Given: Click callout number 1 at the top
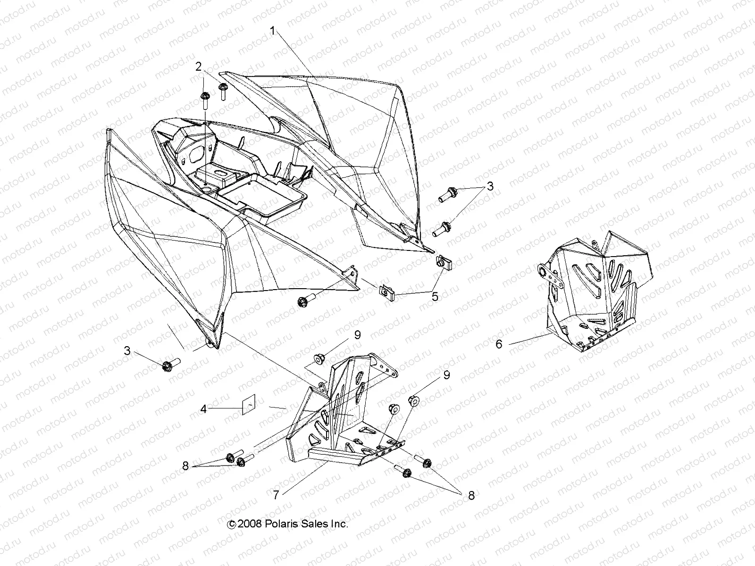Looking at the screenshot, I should [272, 31].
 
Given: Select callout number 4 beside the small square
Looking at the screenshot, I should [203, 409].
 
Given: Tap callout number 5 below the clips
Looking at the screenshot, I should [435, 296].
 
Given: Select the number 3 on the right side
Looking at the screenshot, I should [490, 186].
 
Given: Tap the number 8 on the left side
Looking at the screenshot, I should [185, 466].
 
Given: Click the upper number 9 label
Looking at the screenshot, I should [357, 335].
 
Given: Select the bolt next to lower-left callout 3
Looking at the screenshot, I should [171, 366].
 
